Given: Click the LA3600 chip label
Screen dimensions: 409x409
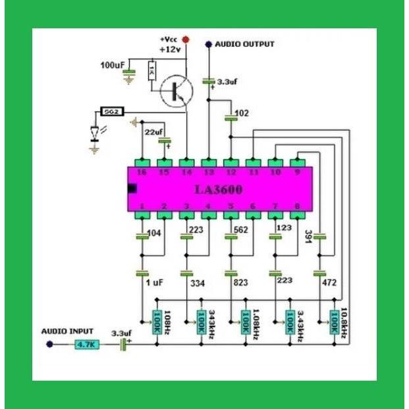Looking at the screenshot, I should click(218, 190).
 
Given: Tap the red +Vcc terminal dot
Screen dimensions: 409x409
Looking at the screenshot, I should click(186, 40).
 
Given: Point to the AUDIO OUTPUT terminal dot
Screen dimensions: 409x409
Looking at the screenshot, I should click(209, 45).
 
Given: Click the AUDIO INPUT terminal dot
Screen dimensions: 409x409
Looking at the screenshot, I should click(49, 344).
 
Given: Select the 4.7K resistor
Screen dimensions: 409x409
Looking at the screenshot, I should click(86, 344).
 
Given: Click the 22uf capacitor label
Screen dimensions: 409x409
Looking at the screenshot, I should click(153, 132).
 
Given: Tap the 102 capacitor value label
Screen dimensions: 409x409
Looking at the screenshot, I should click(242, 113).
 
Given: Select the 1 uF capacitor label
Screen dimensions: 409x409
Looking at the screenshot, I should click(153, 282).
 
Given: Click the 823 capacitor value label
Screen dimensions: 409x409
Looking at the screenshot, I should click(242, 282).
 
